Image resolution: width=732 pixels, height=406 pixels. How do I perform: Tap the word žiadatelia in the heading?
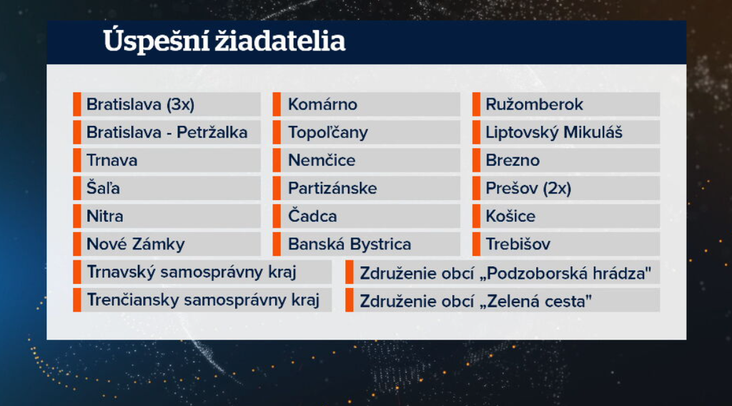280,41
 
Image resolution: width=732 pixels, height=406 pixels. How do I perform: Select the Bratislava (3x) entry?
141,104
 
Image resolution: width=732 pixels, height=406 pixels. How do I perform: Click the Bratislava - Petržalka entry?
167,132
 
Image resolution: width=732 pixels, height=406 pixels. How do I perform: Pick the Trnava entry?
112,161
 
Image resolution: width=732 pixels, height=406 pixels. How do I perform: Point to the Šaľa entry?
103,188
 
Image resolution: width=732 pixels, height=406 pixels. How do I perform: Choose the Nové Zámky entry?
136,244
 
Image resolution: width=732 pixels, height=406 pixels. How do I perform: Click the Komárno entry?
322,104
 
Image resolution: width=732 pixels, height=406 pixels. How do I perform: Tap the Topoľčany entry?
327,133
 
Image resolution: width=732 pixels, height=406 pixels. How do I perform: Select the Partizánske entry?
332,189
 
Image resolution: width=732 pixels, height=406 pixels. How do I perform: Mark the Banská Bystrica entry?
350,244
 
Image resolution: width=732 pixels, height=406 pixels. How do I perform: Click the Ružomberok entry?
534,104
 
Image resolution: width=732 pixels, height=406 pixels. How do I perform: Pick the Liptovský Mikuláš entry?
554,132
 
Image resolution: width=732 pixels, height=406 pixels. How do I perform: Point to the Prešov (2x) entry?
528,189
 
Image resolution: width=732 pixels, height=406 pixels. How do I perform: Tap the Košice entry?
510,216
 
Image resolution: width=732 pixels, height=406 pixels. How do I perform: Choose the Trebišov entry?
518,244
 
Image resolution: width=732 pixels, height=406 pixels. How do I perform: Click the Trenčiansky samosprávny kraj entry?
203,300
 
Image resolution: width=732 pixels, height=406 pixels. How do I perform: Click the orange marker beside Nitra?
77,216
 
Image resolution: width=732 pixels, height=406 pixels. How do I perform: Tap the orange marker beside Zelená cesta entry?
349,300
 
